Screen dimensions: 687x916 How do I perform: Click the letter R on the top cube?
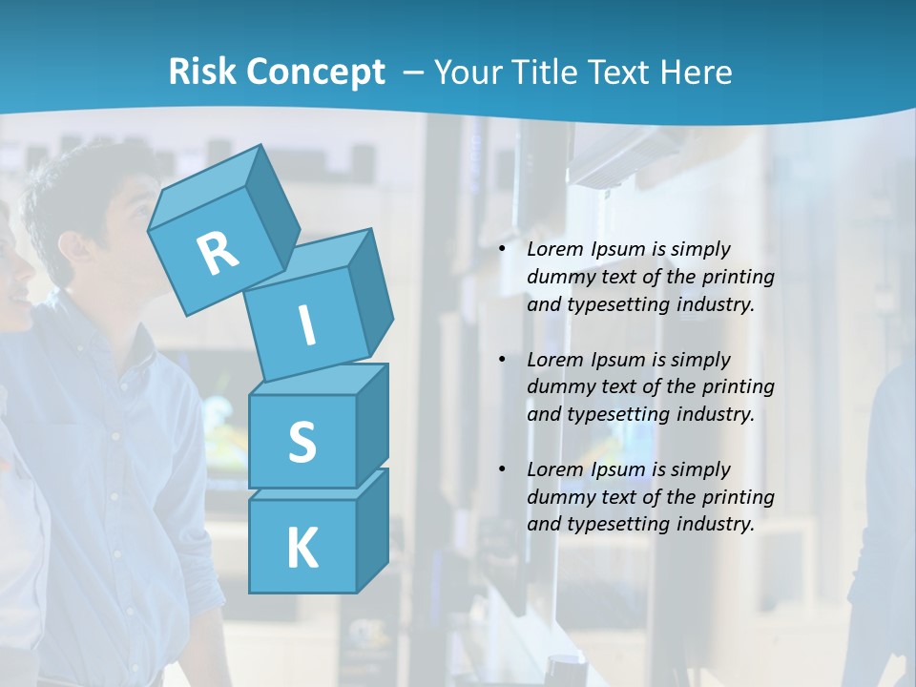[x=218, y=253]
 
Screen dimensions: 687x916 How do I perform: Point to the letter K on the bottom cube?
[x=302, y=549]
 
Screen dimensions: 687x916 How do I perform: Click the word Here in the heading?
[x=697, y=72]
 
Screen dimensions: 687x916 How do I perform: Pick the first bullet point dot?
[x=502, y=249]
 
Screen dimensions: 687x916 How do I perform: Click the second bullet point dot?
[x=502, y=360]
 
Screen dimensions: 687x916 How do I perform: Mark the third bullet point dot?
[x=502, y=469]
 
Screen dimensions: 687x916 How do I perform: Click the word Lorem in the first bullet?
[x=554, y=249]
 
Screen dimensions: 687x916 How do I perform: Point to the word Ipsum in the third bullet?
[x=615, y=469]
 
